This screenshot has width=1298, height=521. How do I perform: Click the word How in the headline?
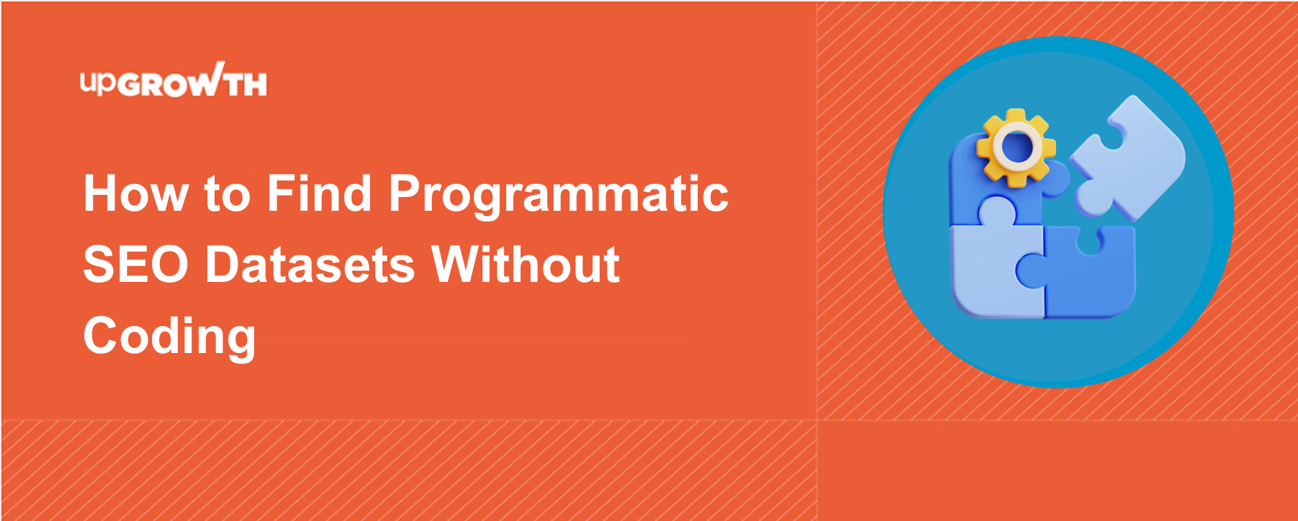(136, 194)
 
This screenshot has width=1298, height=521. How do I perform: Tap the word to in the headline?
(228, 195)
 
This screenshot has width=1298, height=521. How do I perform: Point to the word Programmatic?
(559, 196)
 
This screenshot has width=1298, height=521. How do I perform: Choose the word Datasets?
(310, 265)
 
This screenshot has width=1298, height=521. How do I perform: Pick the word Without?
(525, 265)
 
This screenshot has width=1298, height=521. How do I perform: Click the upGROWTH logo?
(173, 80)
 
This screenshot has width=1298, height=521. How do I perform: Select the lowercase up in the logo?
(98, 82)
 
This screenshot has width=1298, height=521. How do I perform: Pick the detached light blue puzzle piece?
(1127, 158)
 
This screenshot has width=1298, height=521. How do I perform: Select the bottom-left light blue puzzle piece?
(997, 270)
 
